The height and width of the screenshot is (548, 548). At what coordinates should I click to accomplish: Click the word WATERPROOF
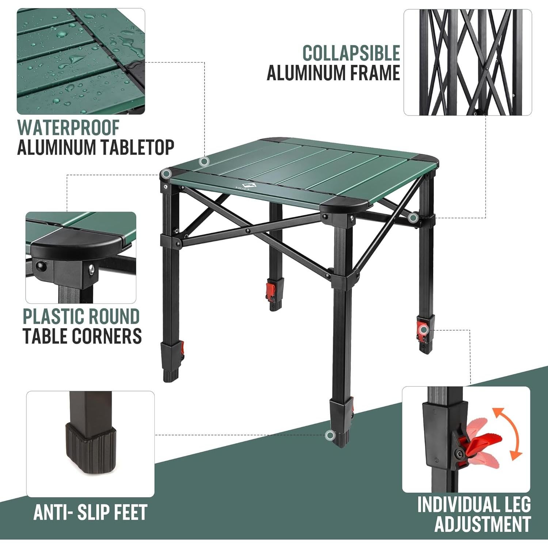point(68,128)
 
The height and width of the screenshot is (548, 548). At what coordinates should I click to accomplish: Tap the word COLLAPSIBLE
point(351,53)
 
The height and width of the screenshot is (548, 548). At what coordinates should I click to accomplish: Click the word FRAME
point(375,73)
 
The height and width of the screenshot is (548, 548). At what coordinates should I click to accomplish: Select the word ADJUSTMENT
point(482,524)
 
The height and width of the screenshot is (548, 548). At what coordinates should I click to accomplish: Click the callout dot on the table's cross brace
point(413,218)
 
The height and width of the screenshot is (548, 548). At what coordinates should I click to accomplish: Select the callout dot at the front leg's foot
point(330,435)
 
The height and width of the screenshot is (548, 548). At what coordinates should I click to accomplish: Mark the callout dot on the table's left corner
point(167,174)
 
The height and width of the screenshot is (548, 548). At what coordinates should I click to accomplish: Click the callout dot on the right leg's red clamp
point(424,330)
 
